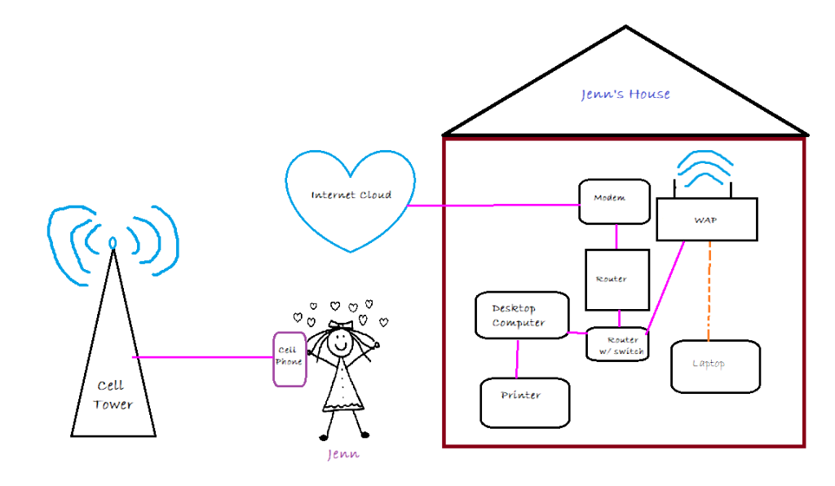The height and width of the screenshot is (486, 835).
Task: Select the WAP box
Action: click(x=707, y=220)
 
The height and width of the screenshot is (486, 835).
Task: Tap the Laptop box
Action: click(x=715, y=365)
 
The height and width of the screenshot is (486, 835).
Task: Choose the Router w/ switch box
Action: click(x=617, y=345)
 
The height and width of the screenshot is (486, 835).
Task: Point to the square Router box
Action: click(x=617, y=280)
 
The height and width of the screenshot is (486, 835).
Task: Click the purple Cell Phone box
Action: click(x=289, y=359)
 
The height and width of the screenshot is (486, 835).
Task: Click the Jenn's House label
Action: click(x=625, y=95)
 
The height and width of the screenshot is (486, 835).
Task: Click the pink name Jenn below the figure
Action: click(x=342, y=454)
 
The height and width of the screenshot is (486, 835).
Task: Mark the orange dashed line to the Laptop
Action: click(x=709, y=289)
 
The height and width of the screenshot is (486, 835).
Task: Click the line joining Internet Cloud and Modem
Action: click(x=493, y=206)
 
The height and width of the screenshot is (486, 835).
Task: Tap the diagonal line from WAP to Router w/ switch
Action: click(x=665, y=285)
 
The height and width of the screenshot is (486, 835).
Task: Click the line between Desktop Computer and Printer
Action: click(x=517, y=359)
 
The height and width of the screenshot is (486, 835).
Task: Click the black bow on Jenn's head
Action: click(x=340, y=324)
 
